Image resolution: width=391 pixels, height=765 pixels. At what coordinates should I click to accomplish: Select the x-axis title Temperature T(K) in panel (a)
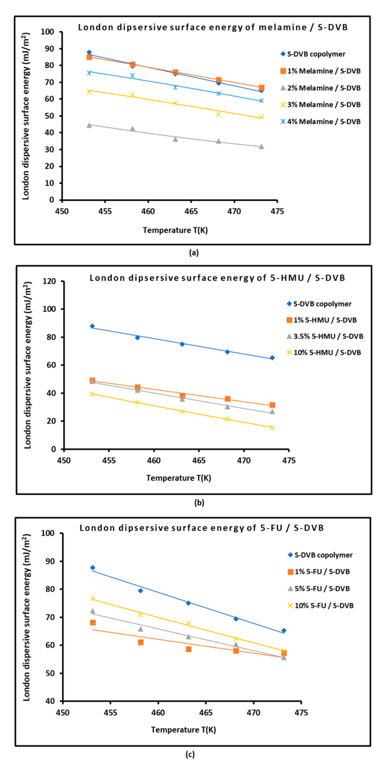[x=175, y=230]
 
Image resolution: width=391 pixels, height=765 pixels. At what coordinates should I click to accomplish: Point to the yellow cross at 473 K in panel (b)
[x=272, y=428]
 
